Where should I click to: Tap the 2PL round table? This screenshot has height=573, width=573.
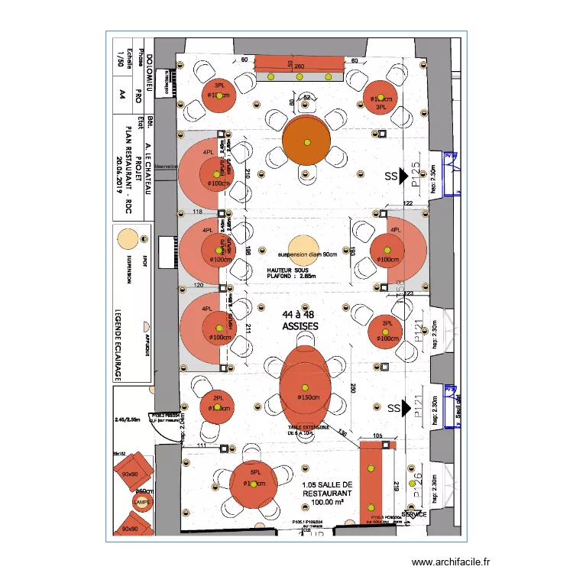pos(219,406)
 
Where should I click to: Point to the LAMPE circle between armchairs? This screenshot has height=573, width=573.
pos(141,503)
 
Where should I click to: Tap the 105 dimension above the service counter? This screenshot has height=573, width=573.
pos(377,436)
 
